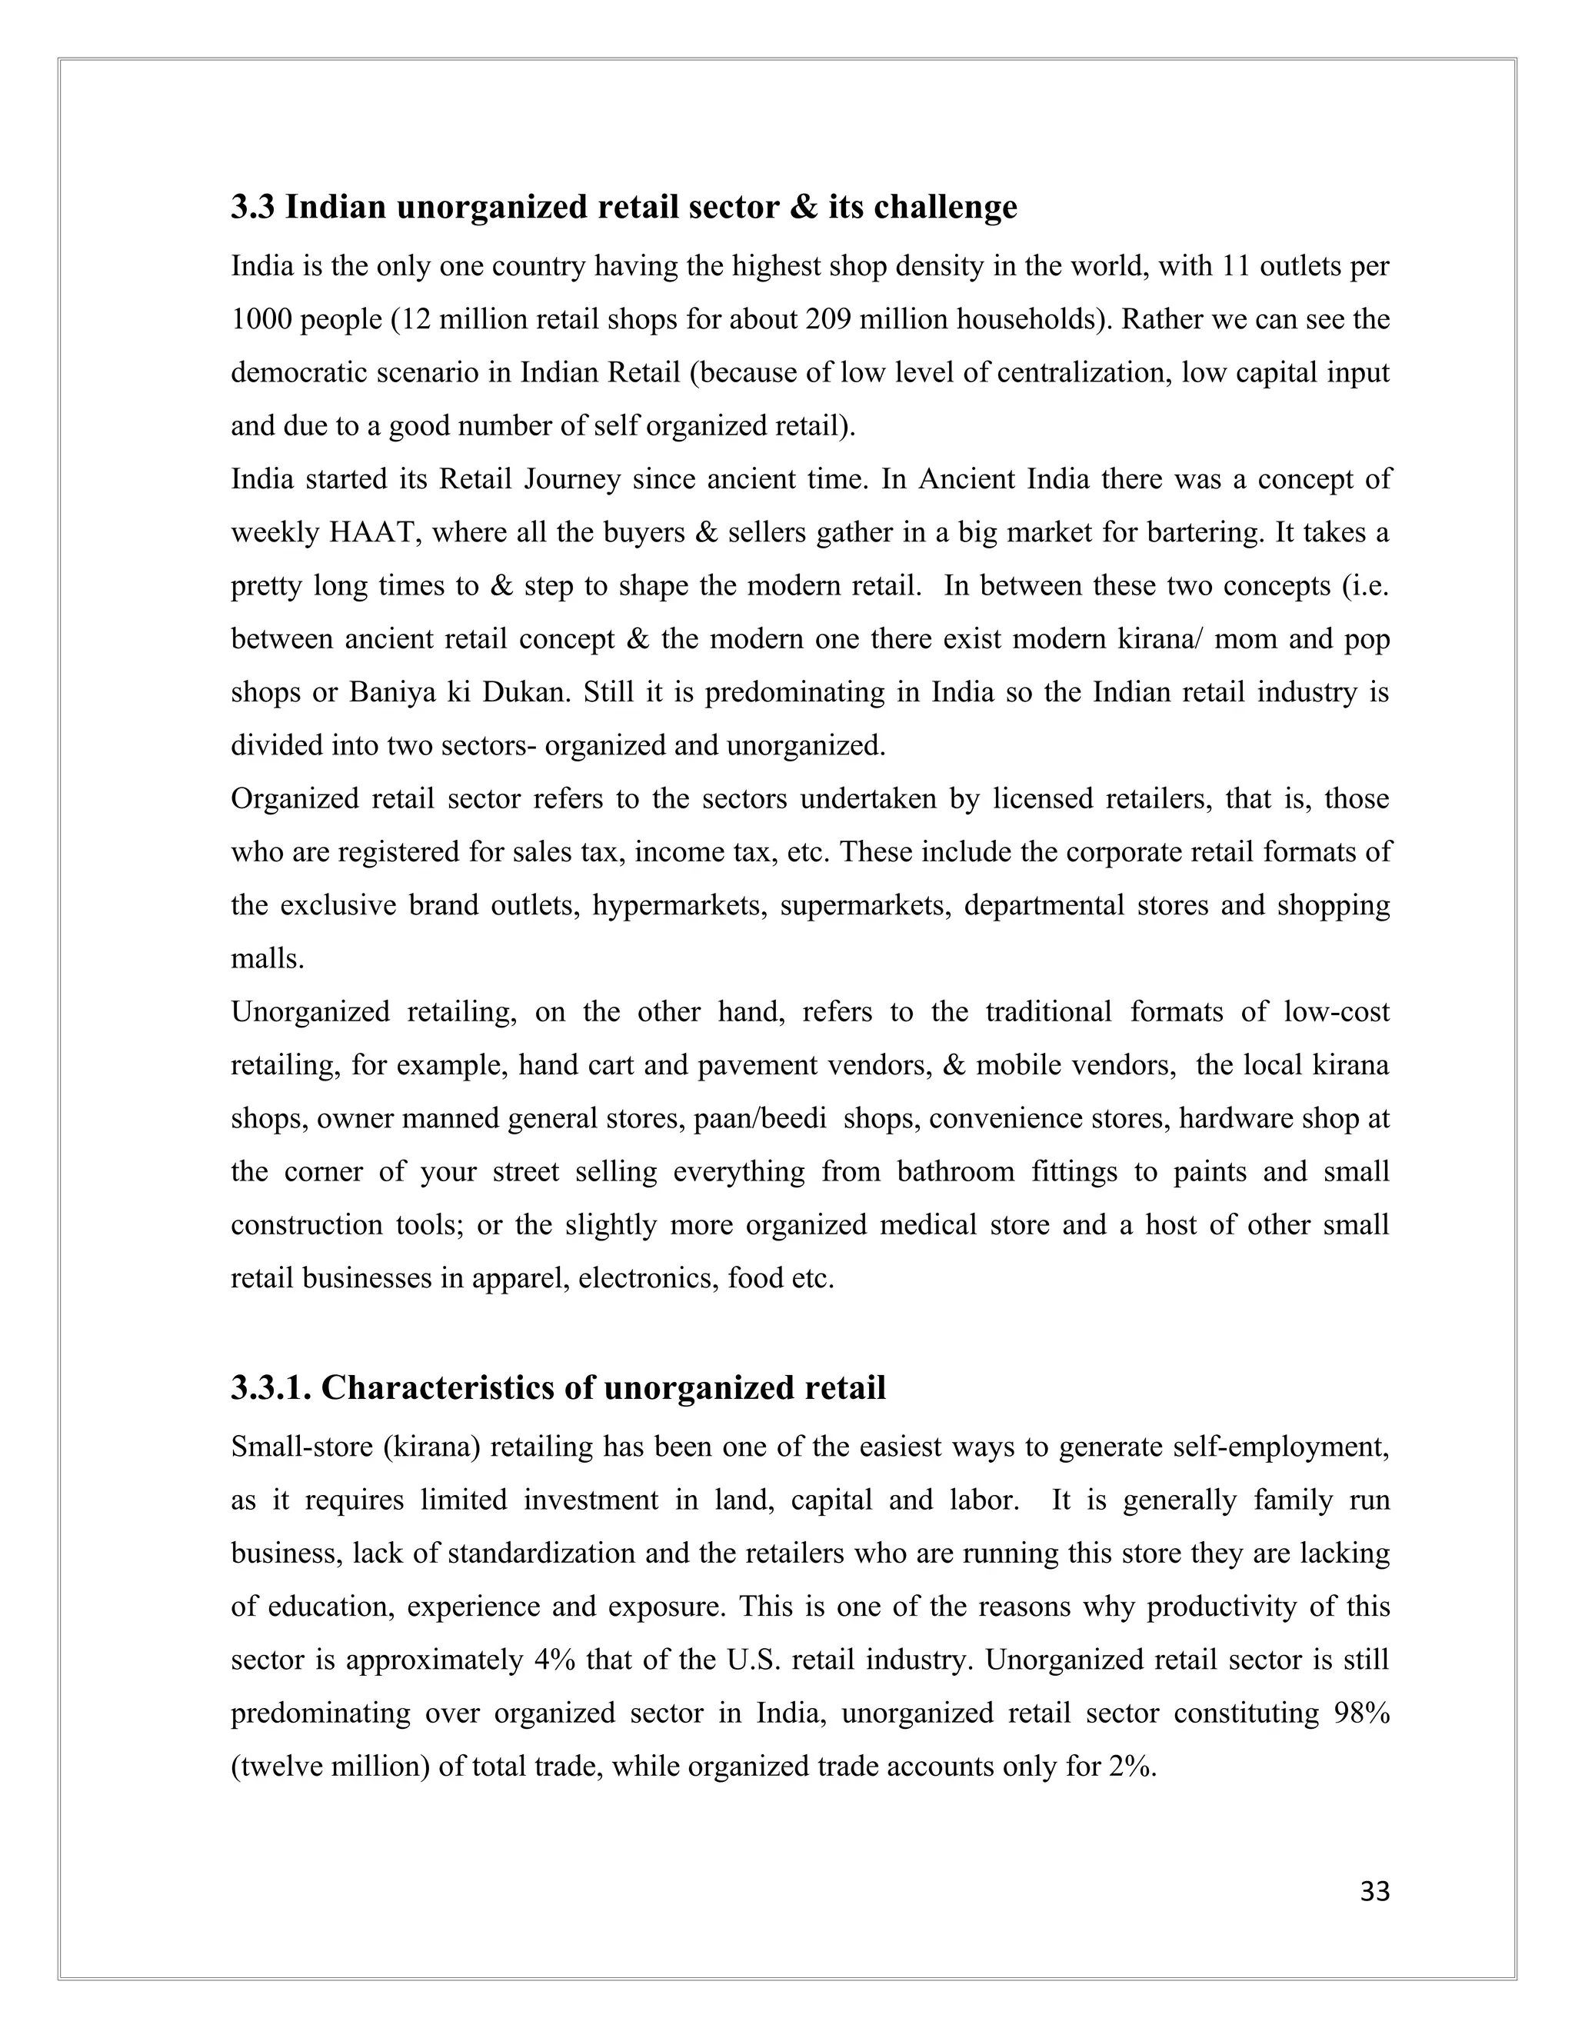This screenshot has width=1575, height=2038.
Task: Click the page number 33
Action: pos(1374,1892)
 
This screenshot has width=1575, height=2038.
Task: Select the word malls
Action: pos(267,959)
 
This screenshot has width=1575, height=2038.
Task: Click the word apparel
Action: pos(516,1278)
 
